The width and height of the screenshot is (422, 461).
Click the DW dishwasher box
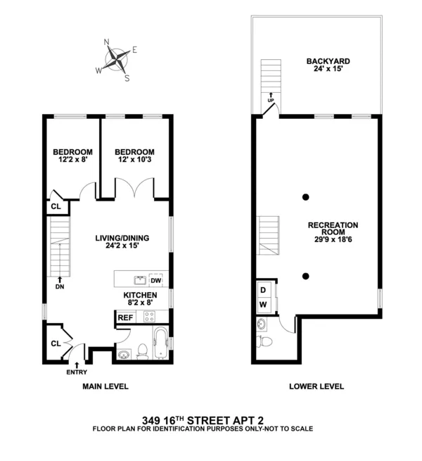coord(155,280)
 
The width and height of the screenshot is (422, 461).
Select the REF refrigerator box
coord(125,317)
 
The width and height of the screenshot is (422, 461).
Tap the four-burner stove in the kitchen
coord(149,317)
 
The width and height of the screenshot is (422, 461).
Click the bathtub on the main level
coord(160,343)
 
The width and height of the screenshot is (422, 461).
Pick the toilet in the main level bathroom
coord(141,349)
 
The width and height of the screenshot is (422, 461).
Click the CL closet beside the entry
coord(55,343)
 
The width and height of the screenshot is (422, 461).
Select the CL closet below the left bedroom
coord(56,207)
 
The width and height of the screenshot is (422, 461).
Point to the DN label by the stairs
coord(59,286)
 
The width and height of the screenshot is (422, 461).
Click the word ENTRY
coord(76,372)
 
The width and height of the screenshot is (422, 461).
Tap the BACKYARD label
coord(328,66)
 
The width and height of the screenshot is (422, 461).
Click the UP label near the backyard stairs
coord(270,101)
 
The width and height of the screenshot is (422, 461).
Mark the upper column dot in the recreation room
coord(306,196)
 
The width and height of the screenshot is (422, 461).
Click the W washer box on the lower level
coord(263,305)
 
